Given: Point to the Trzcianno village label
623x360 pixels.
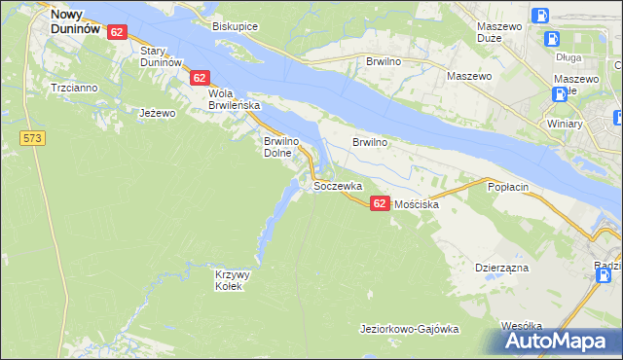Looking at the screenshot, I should [75, 88].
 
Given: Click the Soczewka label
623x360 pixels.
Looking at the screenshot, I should [338, 185].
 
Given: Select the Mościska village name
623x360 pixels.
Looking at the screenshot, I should [418, 205].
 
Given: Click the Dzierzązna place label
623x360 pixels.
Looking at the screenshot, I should [501, 266].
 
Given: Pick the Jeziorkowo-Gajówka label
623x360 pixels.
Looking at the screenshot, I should [409, 329].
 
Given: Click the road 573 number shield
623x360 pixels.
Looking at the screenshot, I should [32, 139].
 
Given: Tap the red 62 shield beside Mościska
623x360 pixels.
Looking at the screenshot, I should [380, 201].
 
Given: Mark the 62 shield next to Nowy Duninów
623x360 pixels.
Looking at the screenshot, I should [117, 32].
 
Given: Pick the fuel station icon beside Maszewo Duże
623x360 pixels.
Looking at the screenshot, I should [552, 40].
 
